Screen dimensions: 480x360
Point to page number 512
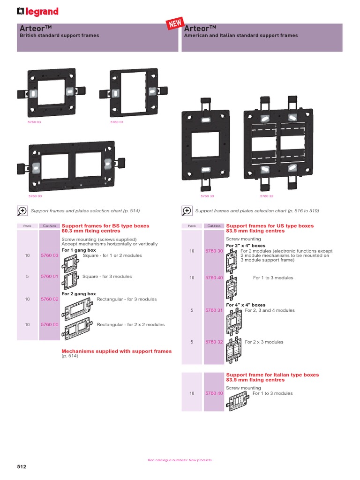[22, 467]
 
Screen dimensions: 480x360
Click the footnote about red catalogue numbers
[180, 460]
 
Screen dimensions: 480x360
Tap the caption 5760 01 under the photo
[116, 122]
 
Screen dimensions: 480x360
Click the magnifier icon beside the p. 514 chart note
[22, 211]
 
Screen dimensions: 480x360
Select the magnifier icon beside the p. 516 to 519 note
[187, 211]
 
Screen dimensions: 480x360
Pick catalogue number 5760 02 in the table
[49, 299]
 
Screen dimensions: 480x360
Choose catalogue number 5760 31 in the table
[214, 310]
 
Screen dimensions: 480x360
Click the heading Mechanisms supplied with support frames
[117, 351]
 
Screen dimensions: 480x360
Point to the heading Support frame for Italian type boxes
[272, 375]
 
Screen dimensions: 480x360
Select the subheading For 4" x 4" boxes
[246, 305]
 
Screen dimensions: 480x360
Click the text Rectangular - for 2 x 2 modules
[130, 324]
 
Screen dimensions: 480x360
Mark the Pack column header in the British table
[27, 226]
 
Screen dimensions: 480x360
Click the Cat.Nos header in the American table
[214, 226]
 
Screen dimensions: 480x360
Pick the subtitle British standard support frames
[59, 36]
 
